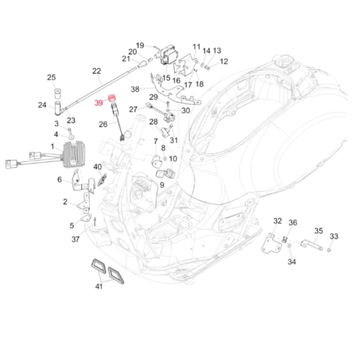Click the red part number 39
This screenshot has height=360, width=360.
tap(99, 103)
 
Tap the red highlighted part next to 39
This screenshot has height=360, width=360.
tap(111, 98)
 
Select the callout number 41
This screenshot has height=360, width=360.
tap(99, 286)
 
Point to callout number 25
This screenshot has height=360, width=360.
tap(51, 77)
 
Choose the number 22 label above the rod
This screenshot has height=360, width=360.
tap(97, 71)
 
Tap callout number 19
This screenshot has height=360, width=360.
tap(140, 46)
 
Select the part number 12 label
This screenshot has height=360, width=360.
tap(224, 61)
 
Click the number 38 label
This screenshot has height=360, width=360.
tap(135, 89)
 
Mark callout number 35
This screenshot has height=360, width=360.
tap(319, 230)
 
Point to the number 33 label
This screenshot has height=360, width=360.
tap(334, 236)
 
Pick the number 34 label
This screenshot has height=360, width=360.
tap(292, 262)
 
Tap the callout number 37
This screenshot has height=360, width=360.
tap(76, 239)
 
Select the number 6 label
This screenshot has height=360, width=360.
tap(60, 179)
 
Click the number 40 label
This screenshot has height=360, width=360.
tap(98, 166)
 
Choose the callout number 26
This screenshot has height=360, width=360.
tap(103, 124)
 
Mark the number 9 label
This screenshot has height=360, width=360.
tap(161, 185)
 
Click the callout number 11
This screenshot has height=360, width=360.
tap(197, 47)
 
